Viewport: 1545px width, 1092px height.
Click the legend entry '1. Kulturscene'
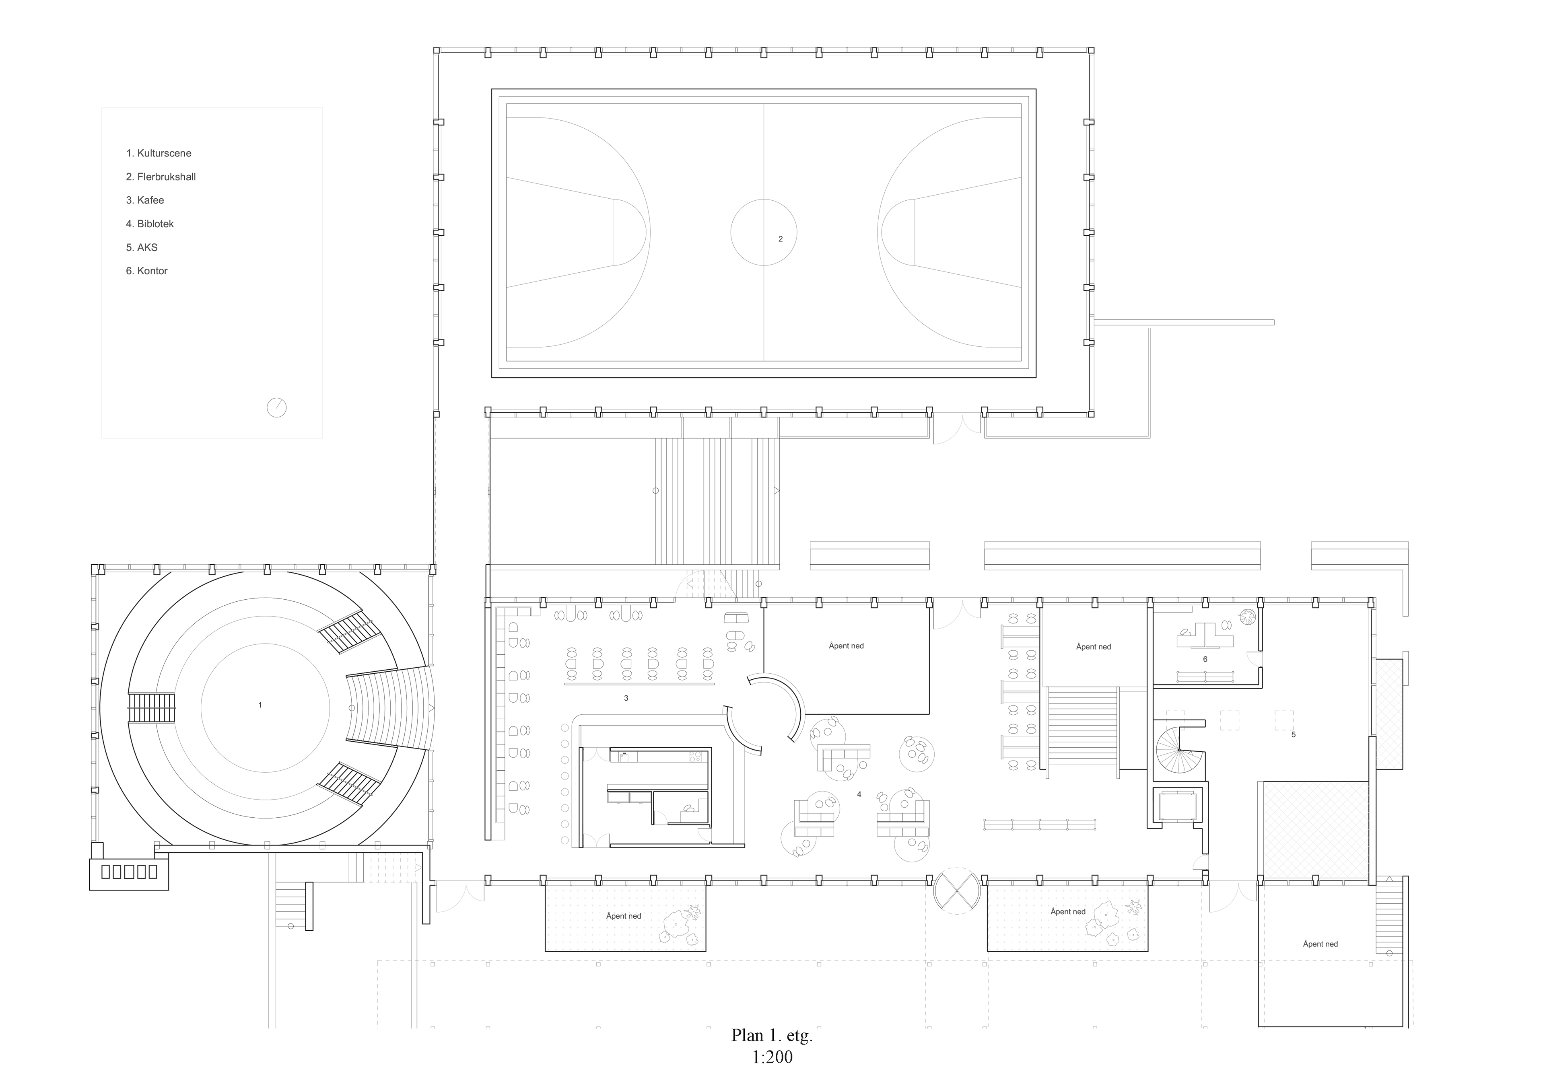[x=159, y=153]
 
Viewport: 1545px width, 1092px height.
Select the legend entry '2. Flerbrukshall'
[x=161, y=177]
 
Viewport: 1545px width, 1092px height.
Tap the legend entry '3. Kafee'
[x=145, y=201]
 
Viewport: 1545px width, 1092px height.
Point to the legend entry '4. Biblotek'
[x=150, y=224]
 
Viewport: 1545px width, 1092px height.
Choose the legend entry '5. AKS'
[x=142, y=248]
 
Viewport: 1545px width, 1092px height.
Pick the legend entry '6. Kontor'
[x=147, y=271]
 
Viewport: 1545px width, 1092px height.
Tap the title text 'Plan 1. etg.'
[x=772, y=1035]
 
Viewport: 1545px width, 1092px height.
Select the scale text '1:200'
[x=772, y=1057]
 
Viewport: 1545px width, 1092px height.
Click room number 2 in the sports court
[x=781, y=239]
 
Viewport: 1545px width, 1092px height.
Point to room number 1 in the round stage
[x=260, y=705]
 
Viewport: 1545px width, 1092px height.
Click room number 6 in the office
[x=1205, y=659]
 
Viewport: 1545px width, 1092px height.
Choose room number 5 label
[x=1293, y=735]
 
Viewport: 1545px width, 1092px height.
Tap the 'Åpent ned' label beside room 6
[x=1094, y=647]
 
